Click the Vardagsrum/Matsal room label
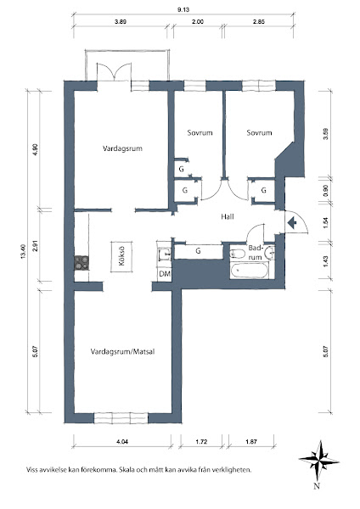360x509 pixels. point(123,352)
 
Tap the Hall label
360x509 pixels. point(228,216)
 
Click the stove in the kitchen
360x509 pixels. point(82,263)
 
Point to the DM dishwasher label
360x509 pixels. point(165,274)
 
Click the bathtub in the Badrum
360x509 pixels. point(250,271)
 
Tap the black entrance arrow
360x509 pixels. point(292,222)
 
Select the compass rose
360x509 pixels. point(318,461)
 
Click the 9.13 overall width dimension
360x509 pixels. point(183,9)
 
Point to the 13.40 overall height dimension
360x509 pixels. point(23,252)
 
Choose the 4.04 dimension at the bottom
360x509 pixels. point(122,441)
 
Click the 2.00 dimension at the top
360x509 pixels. point(198,22)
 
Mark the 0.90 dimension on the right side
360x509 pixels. point(326,189)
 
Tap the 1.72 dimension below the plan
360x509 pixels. point(202,441)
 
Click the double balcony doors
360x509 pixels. point(115,72)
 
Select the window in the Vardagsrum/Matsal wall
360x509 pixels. point(121,417)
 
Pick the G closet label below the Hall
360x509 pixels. point(198,251)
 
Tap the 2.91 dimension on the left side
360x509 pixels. point(36,245)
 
